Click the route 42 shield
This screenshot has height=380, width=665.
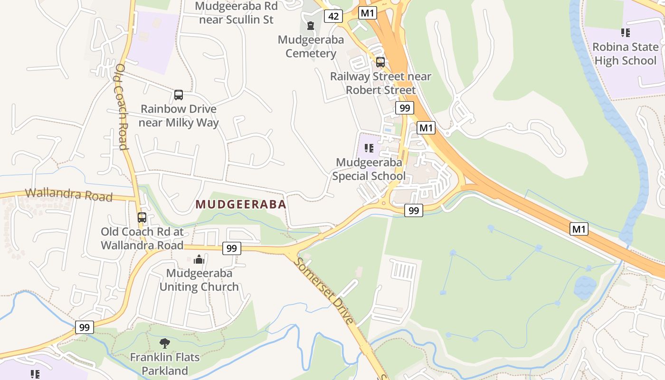pos(333,16)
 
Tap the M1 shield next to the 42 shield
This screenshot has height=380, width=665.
pos(368,13)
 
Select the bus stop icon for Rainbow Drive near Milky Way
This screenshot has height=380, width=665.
pos(179,95)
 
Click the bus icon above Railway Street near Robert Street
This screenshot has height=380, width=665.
pos(380,62)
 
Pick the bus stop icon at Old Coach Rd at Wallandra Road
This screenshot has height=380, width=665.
pos(142,218)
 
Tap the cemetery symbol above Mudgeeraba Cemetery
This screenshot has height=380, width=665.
pos(311,26)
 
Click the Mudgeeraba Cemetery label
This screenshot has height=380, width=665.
pos(311,47)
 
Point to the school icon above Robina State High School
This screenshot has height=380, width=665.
pos(626,33)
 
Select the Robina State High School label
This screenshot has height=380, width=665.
pos(626,54)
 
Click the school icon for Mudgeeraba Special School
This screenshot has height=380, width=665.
pos(369,148)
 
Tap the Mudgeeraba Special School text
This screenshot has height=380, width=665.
pos(369,169)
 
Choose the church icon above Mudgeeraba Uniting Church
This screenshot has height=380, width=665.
pos(199,259)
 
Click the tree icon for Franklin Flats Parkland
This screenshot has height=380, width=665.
pos(165,343)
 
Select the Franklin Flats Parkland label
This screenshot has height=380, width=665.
pos(165,363)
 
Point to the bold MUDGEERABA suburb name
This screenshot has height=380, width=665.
pos(241,205)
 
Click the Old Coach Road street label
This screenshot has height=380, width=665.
pos(121,107)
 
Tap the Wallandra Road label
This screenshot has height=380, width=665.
pos(69,195)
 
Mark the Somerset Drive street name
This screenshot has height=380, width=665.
pos(324,291)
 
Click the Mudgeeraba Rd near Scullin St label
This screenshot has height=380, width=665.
pos(236,13)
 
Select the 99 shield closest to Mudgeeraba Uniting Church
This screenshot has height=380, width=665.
pos(231,248)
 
